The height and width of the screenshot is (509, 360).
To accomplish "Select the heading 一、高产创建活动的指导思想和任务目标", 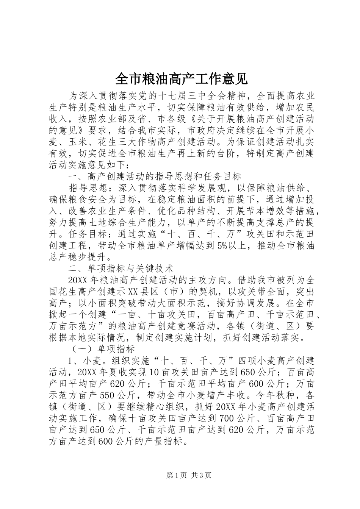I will (x=155, y=176).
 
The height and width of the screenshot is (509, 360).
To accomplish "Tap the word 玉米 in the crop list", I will (x=78, y=142).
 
